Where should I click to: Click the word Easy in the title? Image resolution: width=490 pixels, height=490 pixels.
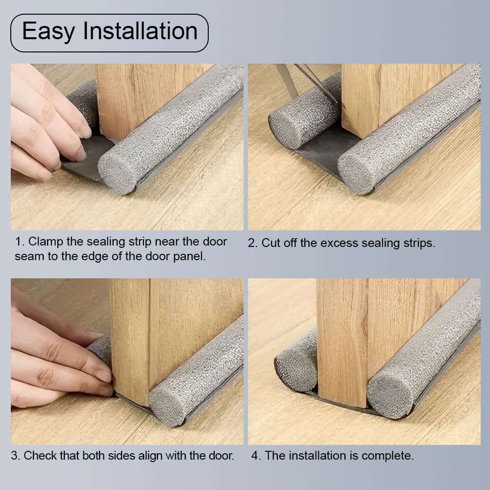(49, 31)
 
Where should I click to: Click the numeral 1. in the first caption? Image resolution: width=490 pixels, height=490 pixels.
(20, 242)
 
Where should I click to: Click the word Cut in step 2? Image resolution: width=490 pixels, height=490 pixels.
(271, 243)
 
